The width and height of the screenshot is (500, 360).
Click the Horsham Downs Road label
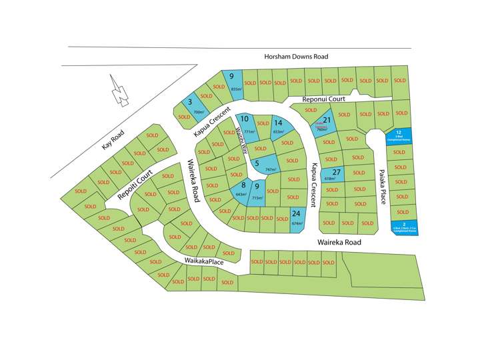click(x=295, y=57)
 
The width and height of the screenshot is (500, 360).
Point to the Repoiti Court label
click(x=135, y=185)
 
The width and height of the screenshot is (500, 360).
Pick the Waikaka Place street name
click(x=195, y=261)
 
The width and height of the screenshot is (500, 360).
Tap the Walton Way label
click(x=242, y=140)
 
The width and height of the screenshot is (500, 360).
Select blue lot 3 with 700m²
click(x=191, y=104)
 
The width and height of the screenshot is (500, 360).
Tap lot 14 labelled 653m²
click(x=278, y=127)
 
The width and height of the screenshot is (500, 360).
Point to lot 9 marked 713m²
click(x=257, y=193)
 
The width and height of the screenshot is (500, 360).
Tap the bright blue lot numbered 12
click(x=399, y=136)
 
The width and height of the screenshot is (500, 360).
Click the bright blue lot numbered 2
click(x=404, y=228)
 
